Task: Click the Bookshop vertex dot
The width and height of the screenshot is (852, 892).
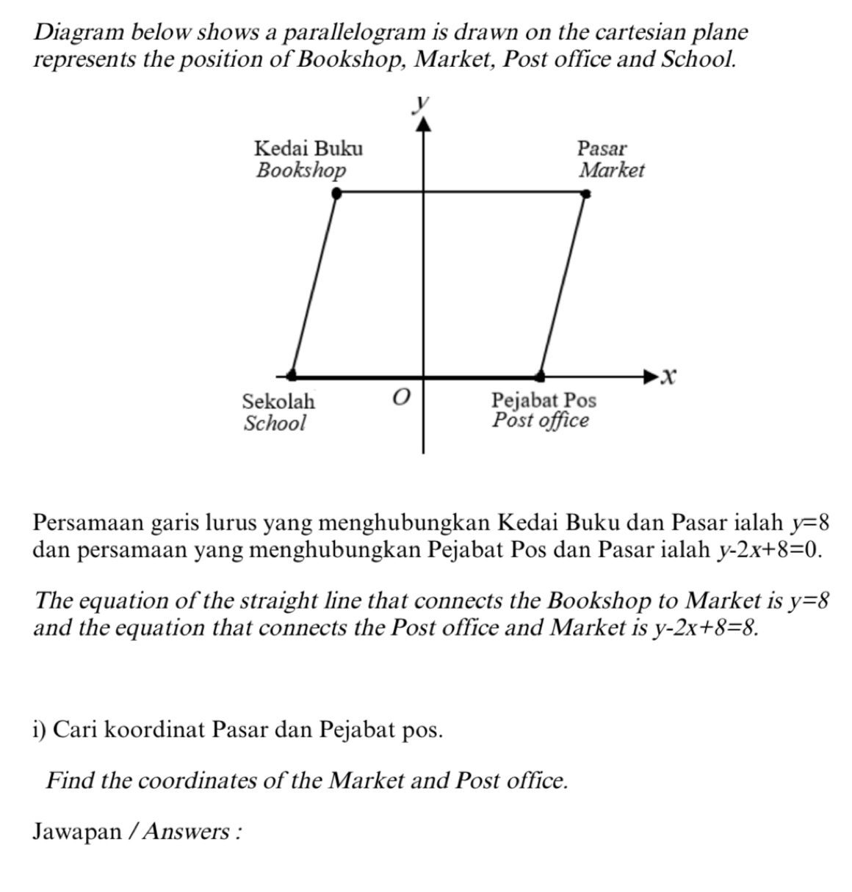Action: coord(336,193)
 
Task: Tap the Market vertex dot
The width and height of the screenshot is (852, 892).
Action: coord(585,194)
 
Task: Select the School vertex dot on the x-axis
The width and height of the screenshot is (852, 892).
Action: coord(292,375)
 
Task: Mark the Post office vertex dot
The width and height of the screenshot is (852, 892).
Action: coord(540,376)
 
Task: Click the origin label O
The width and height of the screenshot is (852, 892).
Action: coord(400,398)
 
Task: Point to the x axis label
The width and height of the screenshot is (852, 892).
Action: coord(666,377)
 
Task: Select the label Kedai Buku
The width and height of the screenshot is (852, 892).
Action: coord(308,148)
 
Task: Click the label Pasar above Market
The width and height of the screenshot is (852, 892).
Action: coord(602,148)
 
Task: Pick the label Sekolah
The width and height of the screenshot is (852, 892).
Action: coord(278,402)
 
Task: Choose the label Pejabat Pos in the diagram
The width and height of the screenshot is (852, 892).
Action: coord(544,400)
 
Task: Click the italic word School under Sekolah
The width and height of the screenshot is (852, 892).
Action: coord(275,424)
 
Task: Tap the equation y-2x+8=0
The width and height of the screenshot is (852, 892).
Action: coord(768,550)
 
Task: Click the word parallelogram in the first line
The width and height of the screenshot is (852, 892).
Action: coord(354,32)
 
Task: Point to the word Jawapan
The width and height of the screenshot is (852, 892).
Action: coord(77,832)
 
